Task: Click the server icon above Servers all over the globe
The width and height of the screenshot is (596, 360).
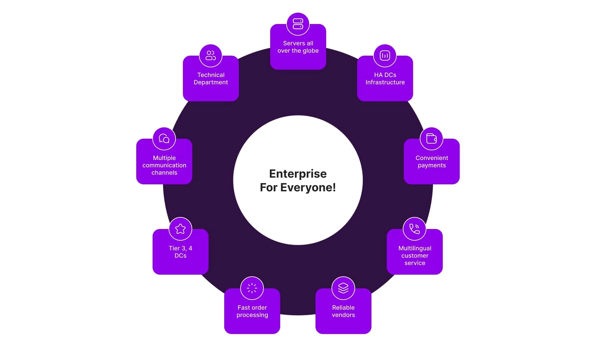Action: click(298, 24)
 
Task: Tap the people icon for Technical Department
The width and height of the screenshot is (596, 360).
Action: click(211, 56)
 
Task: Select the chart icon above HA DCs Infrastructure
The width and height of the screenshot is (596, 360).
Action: click(385, 56)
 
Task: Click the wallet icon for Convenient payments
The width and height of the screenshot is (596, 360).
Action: click(431, 139)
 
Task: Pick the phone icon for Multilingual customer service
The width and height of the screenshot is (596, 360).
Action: click(414, 229)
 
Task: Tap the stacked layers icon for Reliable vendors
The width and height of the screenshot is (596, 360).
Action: click(343, 288)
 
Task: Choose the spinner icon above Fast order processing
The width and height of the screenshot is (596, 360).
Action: click(252, 288)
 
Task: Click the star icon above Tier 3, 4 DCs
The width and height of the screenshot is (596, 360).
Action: click(180, 229)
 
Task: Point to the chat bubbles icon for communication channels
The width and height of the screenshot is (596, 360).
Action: click(164, 139)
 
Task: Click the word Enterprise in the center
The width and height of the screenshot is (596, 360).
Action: click(298, 174)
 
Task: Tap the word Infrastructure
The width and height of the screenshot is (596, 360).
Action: click(385, 82)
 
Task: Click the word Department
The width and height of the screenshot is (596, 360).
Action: click(211, 82)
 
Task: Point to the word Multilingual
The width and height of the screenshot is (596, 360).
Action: click(415, 248)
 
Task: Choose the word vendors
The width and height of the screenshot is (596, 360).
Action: click(343, 315)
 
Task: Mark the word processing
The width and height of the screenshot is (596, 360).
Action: click(252, 315)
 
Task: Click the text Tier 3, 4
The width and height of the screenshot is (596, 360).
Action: click(180, 248)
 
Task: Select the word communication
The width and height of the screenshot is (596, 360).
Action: click(164, 165)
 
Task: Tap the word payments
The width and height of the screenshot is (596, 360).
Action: click(432, 165)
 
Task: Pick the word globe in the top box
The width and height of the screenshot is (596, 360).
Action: click(310, 51)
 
